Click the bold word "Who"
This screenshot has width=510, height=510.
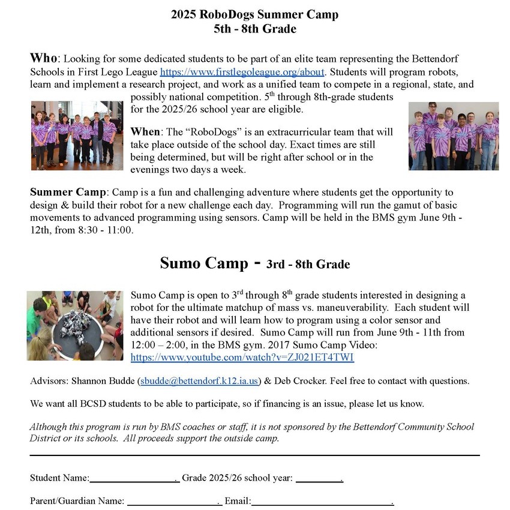[44, 59]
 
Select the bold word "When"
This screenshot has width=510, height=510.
[145, 131]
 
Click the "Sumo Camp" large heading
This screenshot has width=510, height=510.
[203, 263]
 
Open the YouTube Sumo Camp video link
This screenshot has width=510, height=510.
[242, 358]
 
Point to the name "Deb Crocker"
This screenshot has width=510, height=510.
[298, 381]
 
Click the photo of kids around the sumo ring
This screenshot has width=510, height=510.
[74, 326]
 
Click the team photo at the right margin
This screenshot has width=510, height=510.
[453, 136]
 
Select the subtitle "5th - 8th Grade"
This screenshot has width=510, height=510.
[255, 29]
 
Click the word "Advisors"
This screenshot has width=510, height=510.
[48, 381]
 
